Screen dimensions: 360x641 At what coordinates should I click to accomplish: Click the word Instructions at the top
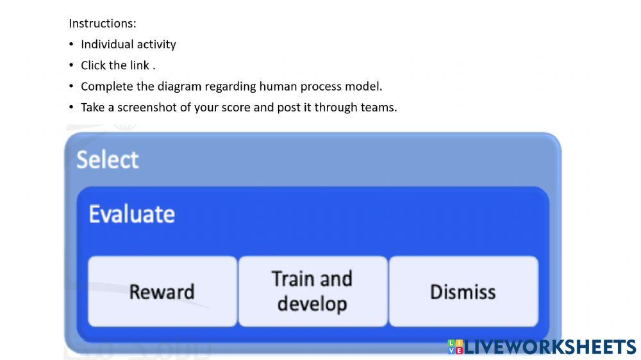pyautogui.click(x=102, y=24)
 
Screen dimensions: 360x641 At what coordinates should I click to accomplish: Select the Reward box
pyautogui.click(x=162, y=291)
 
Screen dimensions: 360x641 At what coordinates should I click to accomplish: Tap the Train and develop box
pyautogui.click(x=312, y=291)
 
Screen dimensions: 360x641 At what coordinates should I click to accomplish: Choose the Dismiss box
pyautogui.click(x=463, y=291)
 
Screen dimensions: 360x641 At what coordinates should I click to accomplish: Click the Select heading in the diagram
pyautogui.click(x=107, y=160)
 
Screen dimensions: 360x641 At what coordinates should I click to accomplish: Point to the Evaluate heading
pyautogui.click(x=131, y=214)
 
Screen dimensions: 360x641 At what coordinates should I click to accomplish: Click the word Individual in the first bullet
pyautogui.click(x=106, y=45)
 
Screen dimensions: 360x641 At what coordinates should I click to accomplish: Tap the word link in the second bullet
pyautogui.click(x=140, y=65)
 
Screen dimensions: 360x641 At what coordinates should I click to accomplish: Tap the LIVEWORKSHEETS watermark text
pyautogui.click(x=549, y=347)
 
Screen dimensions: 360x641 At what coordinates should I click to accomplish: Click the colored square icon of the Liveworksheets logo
pyautogui.click(x=455, y=347)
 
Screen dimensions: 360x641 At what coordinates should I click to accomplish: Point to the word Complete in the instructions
pyautogui.click(x=107, y=86)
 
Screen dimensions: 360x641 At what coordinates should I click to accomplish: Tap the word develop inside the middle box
pyautogui.click(x=312, y=304)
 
